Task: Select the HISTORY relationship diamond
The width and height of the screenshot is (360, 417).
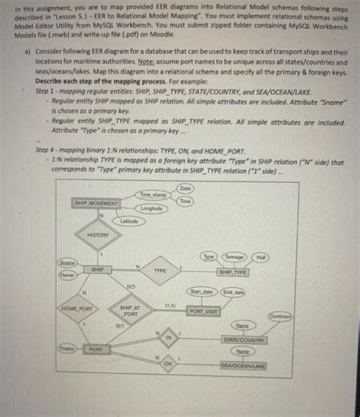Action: (98, 235)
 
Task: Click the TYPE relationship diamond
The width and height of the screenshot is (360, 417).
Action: (159, 270)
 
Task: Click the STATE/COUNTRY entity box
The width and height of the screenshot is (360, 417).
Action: (243, 340)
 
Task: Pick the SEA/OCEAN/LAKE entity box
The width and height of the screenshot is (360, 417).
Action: (243, 366)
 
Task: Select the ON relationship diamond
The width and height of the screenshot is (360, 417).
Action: (169, 365)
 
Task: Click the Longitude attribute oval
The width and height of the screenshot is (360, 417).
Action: (152, 208)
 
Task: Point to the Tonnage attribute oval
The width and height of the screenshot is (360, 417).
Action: (235, 257)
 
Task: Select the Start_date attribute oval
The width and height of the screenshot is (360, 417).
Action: (201, 292)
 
